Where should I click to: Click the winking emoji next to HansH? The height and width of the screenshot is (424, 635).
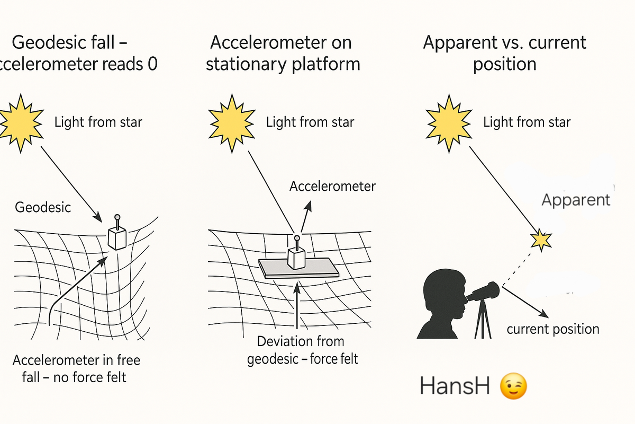point(513,386)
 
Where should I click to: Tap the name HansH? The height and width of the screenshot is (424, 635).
point(455,386)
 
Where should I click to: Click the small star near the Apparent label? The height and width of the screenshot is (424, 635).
point(541,240)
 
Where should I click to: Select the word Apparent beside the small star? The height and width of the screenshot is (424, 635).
point(576,200)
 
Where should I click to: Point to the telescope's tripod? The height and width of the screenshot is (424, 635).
point(483,320)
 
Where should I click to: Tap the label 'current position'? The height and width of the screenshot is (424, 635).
point(553,330)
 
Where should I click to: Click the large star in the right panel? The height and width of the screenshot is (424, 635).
point(449,123)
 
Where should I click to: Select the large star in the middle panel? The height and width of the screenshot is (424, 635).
point(232,123)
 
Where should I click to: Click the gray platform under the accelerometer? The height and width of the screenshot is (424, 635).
point(298,268)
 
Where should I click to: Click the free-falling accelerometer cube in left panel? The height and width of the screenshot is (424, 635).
point(117,238)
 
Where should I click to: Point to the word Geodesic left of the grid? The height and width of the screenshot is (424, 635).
point(43,207)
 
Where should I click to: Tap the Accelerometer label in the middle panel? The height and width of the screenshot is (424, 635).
point(332,187)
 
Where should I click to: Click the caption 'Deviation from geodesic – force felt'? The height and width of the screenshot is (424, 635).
point(302,350)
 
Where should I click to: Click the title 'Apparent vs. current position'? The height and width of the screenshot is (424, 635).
point(505,53)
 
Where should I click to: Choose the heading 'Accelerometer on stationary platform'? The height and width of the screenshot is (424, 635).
point(283,53)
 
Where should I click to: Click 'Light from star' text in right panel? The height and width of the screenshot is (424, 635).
point(527,122)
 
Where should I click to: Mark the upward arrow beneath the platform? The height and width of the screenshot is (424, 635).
point(297,305)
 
